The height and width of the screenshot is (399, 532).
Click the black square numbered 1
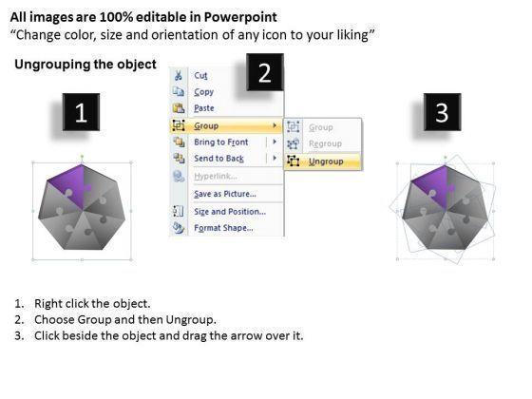pos(81,112)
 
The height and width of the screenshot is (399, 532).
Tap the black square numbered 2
pos(265,72)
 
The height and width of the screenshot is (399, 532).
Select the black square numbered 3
pos(442,112)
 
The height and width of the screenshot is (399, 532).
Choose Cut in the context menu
pos(200,75)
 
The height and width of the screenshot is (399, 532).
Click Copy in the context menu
pos(204,92)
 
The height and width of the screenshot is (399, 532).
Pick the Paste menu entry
pos(204,108)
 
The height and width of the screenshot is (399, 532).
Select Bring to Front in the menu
pos(220,142)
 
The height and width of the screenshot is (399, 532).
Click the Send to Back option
pos(218,159)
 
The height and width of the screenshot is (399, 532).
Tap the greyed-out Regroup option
pos(325,143)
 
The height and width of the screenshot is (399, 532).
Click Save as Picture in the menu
pos(225,194)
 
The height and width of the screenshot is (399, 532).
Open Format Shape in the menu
pos(223,228)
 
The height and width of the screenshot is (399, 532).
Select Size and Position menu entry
pos(230,211)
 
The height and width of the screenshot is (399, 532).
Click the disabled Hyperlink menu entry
pos(216,176)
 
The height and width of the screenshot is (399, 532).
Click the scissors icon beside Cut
pos(179,75)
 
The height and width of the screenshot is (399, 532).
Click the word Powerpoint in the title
pos(240,17)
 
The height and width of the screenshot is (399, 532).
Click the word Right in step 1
pos(48,304)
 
